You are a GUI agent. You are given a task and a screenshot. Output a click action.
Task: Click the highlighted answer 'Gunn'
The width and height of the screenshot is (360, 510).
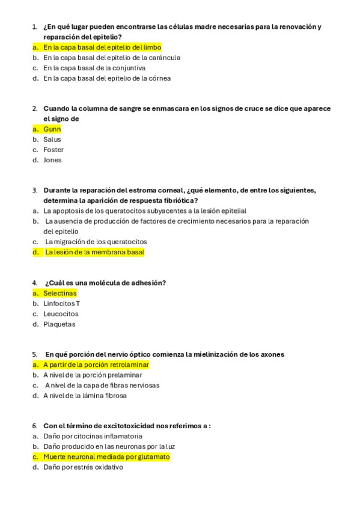tap(52, 129)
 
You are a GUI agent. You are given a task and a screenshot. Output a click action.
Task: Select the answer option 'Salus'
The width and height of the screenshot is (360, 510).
tap(52, 140)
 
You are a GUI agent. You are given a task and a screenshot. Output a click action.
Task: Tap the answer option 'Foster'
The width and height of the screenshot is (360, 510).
tap(53, 150)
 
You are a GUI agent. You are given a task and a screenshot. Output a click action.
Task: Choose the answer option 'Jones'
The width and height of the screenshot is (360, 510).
tap(52, 160)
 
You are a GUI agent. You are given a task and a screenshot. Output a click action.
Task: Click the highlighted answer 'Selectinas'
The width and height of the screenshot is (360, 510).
tap(60, 293)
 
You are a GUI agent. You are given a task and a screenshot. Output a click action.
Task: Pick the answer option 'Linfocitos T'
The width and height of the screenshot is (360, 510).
tap(61, 304)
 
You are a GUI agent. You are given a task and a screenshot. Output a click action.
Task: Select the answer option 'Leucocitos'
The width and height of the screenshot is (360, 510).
tap(61, 314)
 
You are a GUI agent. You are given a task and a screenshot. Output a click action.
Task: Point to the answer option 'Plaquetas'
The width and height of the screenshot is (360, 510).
tap(59, 324)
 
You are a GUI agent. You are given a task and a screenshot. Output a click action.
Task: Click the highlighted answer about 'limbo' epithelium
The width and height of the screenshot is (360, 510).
tap(102, 47)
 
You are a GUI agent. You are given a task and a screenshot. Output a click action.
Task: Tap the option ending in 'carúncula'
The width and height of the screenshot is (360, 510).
tap(112, 58)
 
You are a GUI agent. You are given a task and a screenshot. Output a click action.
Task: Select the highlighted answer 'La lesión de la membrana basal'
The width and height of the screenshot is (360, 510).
tap(94, 253)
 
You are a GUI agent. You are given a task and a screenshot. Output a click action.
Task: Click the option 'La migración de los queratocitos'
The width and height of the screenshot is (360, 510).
tap(96, 242)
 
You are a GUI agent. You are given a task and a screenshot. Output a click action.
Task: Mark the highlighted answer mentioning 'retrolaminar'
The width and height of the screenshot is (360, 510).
tap(96, 365)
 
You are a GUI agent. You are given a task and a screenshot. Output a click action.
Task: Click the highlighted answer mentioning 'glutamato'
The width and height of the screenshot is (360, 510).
tap(106, 457)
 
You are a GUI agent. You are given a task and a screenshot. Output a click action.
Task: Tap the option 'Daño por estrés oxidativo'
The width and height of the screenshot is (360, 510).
tap(83, 467)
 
